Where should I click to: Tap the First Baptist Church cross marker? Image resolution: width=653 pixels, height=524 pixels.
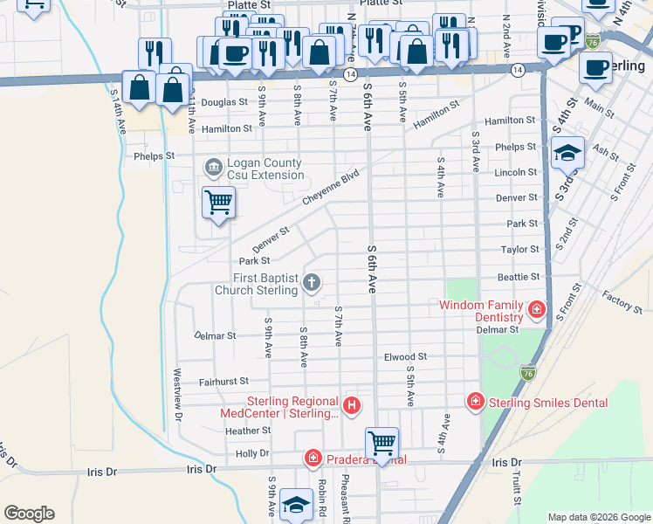tap(313, 282)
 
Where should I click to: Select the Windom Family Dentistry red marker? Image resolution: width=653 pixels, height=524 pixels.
tap(535, 309)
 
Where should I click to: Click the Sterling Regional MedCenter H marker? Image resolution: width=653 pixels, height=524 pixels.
tap(351, 405)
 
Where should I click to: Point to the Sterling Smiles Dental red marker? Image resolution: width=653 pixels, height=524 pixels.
tap(475, 401)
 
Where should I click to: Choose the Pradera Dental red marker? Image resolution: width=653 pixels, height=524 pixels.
tap(313, 458)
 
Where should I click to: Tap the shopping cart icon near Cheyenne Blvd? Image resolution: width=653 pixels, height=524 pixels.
tap(218, 203)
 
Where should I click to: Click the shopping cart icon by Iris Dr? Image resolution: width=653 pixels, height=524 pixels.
tap(381, 443)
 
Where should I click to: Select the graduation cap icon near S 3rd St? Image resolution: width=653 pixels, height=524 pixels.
tap(567, 153)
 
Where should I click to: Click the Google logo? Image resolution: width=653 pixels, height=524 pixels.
tap(29, 514)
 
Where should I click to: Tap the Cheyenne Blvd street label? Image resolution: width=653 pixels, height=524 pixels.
tap(331, 188)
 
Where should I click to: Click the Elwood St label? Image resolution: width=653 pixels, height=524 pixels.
tap(405, 357)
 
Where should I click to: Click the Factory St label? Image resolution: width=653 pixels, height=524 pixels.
tap(622, 303)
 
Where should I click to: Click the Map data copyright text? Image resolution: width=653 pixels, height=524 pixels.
tap(599, 517)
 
